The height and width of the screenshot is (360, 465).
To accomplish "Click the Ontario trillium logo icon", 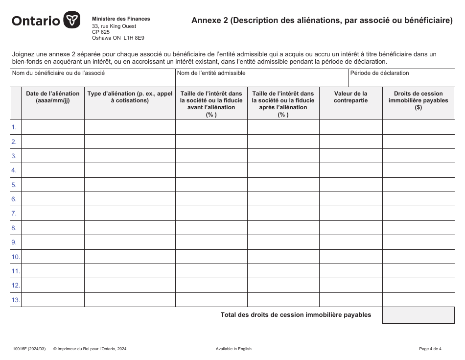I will pyautogui.click(x=72, y=21).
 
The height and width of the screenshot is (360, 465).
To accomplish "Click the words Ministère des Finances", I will pyautogui.click(x=121, y=19).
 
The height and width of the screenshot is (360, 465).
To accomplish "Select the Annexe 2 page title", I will pyautogui.click(x=322, y=21).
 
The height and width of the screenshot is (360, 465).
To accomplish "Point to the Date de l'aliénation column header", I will pyautogui.click(x=53, y=97).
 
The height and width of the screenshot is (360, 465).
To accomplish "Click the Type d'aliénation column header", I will pyautogui.click(x=130, y=97).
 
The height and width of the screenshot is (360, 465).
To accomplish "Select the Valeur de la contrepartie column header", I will pyautogui.click(x=350, y=97).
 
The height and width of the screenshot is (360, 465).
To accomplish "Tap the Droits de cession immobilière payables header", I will pyautogui.click(x=418, y=100).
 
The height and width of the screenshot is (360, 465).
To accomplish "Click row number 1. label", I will pyautogui.click(x=15, y=127).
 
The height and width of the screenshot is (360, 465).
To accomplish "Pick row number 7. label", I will pyautogui.click(x=15, y=214).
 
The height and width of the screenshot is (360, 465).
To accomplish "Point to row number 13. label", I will pyautogui.click(x=16, y=300).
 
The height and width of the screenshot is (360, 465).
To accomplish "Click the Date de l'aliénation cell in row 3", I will pyautogui.click(x=53, y=156).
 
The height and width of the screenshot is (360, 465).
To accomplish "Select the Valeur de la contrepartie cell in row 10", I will pyautogui.click(x=350, y=257).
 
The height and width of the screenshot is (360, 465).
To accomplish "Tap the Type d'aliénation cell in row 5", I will pyautogui.click(x=130, y=185).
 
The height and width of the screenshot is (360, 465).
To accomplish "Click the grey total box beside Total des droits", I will pyautogui.click(x=418, y=315).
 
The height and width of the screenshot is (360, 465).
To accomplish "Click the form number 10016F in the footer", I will pyautogui.click(x=21, y=349).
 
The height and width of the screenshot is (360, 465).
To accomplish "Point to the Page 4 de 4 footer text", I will pyautogui.click(x=430, y=349).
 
